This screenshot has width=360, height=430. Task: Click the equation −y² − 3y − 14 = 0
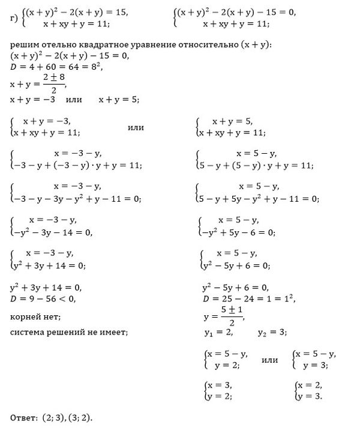click(55, 232)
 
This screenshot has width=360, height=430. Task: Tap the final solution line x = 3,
click(220, 385)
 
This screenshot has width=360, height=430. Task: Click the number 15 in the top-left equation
click(121, 13)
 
